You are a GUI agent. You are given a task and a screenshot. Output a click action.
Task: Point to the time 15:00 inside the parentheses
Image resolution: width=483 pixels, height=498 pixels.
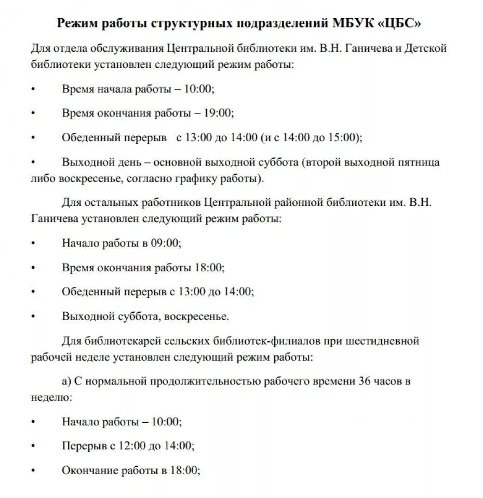point(345,138)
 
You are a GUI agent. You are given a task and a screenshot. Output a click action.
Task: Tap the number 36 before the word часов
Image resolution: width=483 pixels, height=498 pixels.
point(365,381)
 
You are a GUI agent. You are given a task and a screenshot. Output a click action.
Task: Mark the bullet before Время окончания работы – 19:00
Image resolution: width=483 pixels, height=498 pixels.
point(33,113)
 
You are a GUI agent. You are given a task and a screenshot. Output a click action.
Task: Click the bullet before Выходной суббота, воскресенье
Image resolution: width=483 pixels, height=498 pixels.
point(33,316)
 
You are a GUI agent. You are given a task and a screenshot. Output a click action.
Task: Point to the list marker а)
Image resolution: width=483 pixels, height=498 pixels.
point(66,382)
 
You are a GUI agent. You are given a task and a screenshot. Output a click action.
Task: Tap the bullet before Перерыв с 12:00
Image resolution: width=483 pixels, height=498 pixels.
point(33,446)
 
